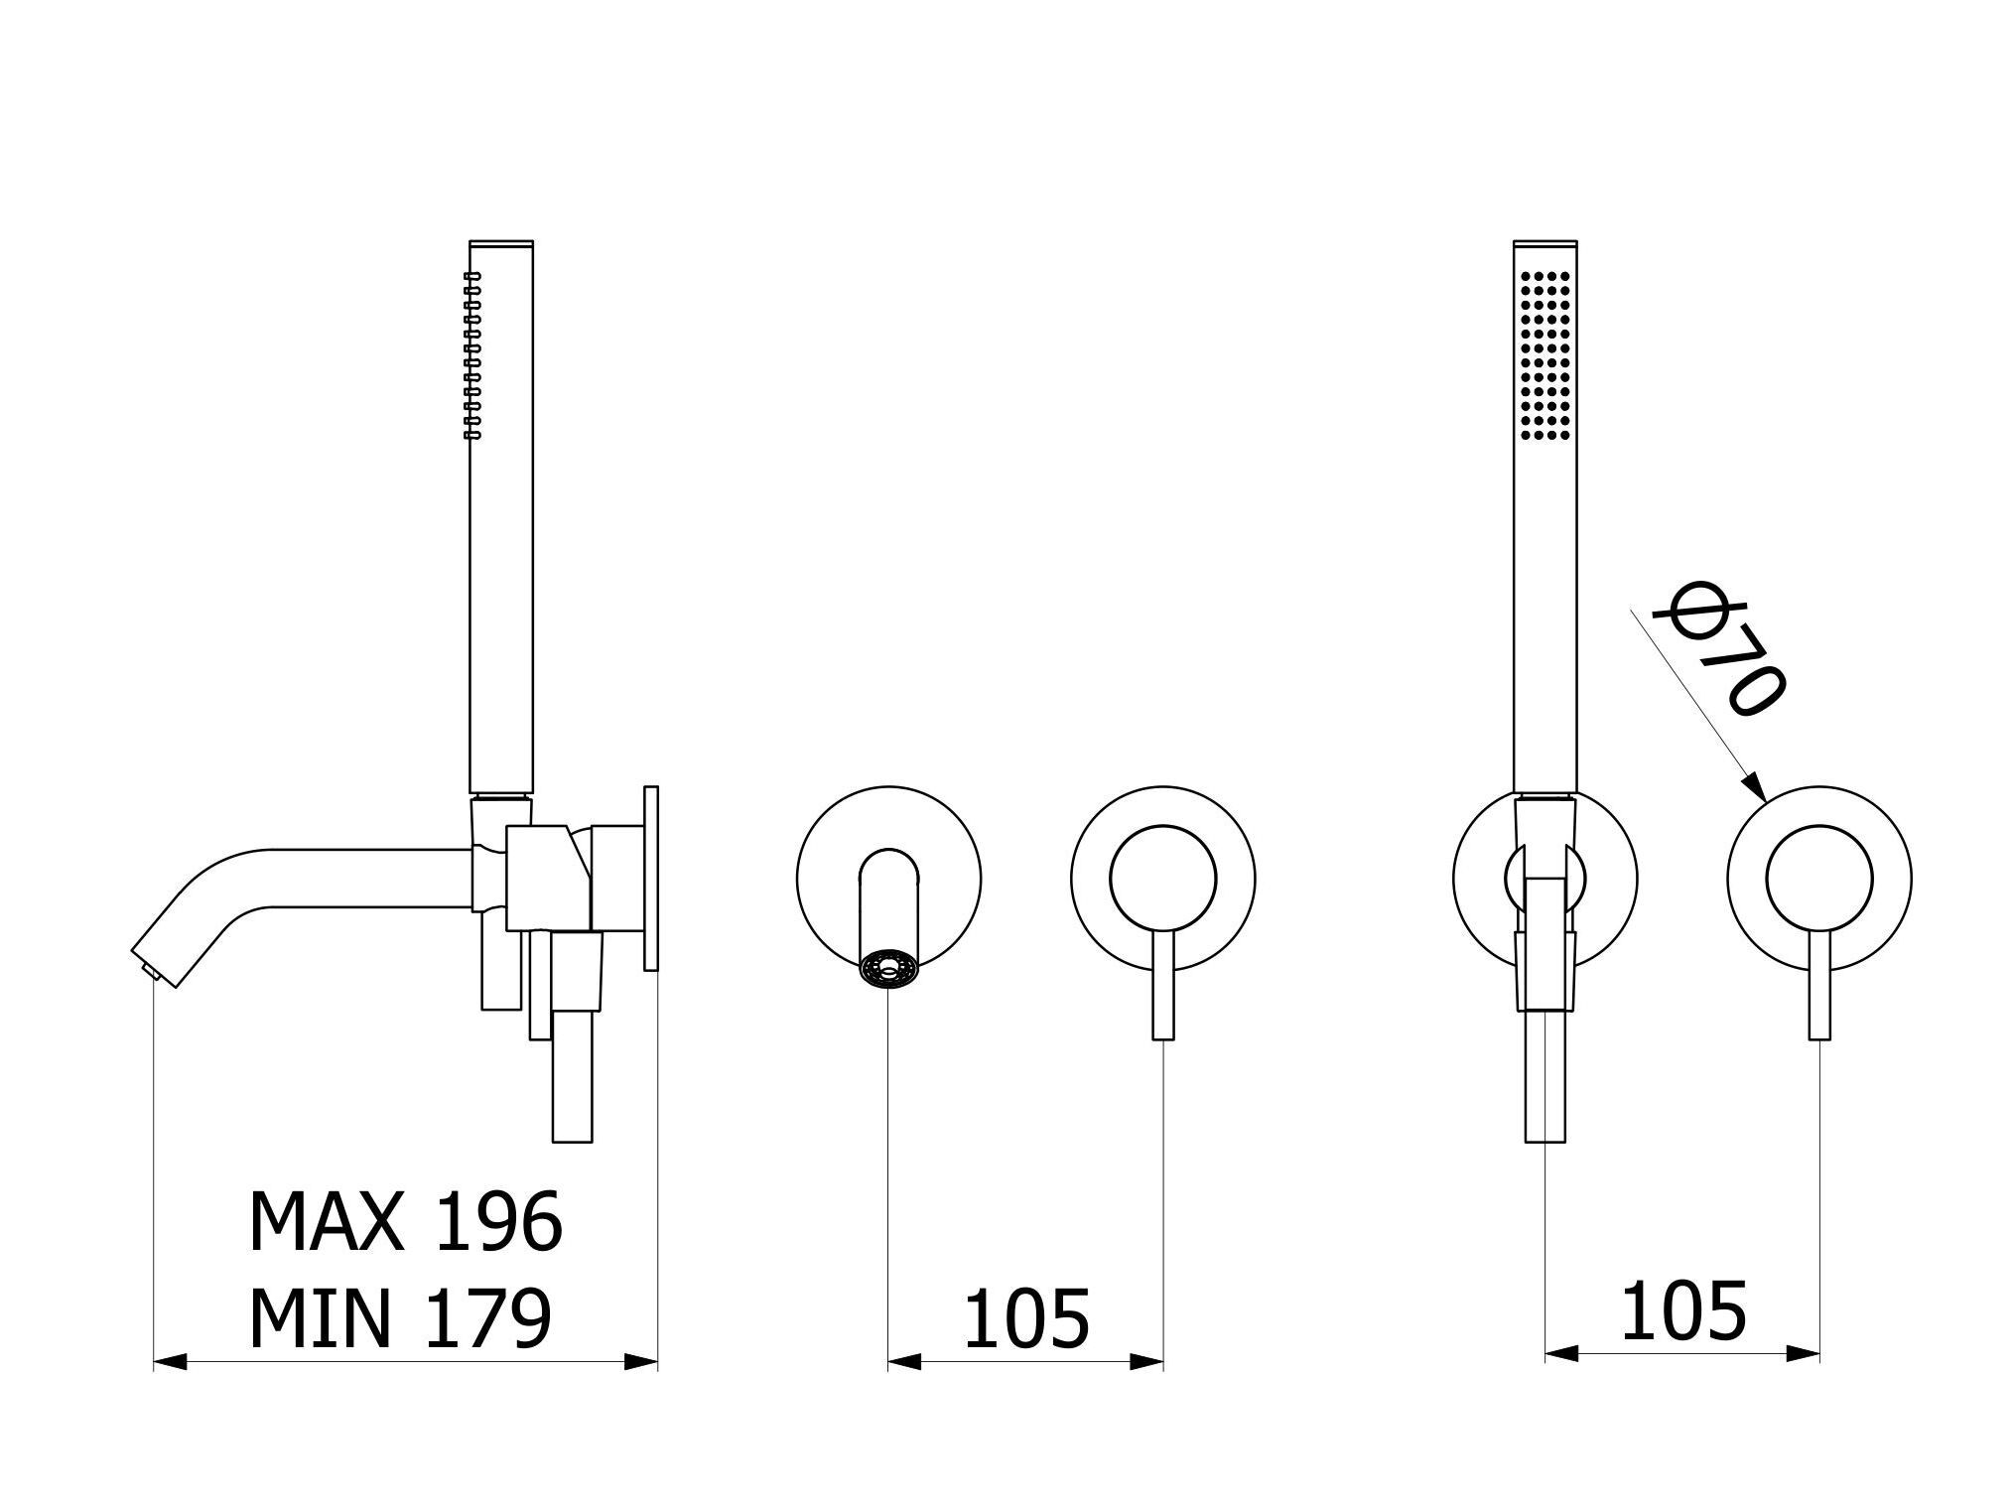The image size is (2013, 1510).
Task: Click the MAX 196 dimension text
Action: pyautogui.click(x=405, y=1221)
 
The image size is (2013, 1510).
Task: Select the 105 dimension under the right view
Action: pyautogui.click(x=1683, y=1311)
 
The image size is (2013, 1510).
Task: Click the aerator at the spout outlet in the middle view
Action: pyautogui.click(x=886, y=970)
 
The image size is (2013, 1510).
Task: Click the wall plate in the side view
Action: pyautogui.click(x=651, y=878)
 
